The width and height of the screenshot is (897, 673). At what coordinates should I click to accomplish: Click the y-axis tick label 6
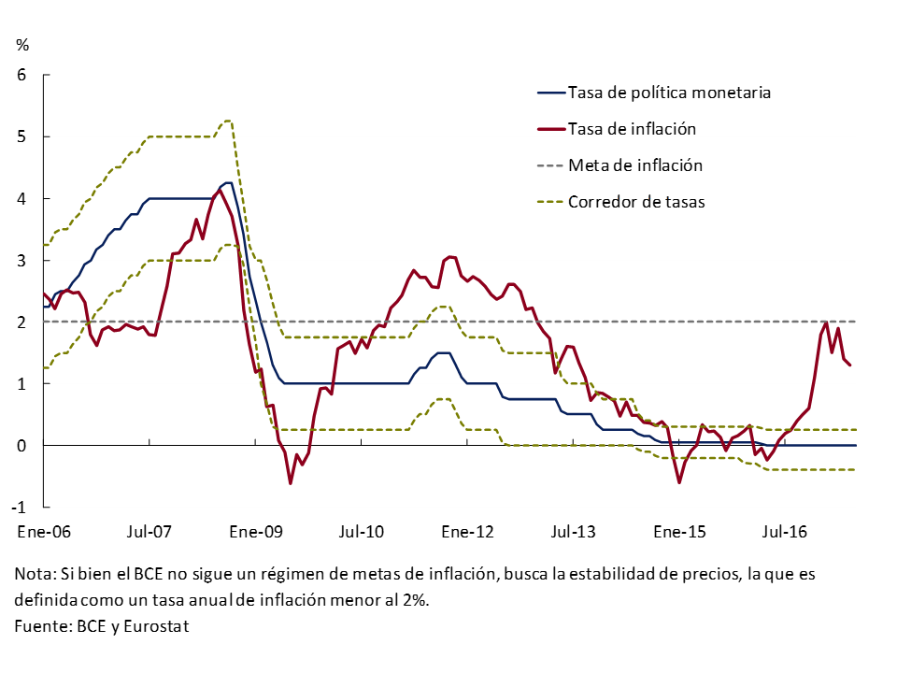coord(22,75)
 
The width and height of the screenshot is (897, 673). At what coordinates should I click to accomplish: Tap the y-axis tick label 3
coord(22,260)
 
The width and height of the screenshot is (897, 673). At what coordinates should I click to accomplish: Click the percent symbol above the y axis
coord(22,44)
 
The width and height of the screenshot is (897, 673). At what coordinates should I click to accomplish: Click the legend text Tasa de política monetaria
coord(669,93)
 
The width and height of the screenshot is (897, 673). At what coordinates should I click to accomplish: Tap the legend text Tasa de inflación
coord(632,129)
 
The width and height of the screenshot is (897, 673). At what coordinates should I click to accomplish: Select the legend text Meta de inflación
coord(635,165)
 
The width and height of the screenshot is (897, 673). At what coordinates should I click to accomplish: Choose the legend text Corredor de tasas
coord(636,201)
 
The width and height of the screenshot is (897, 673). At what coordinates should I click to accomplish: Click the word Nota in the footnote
coord(34,573)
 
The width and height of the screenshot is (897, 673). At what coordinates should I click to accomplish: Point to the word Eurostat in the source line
coord(158,626)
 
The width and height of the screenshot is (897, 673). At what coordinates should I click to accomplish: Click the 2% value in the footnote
coord(413,600)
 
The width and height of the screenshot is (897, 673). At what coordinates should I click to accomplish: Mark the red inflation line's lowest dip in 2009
coord(291,483)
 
